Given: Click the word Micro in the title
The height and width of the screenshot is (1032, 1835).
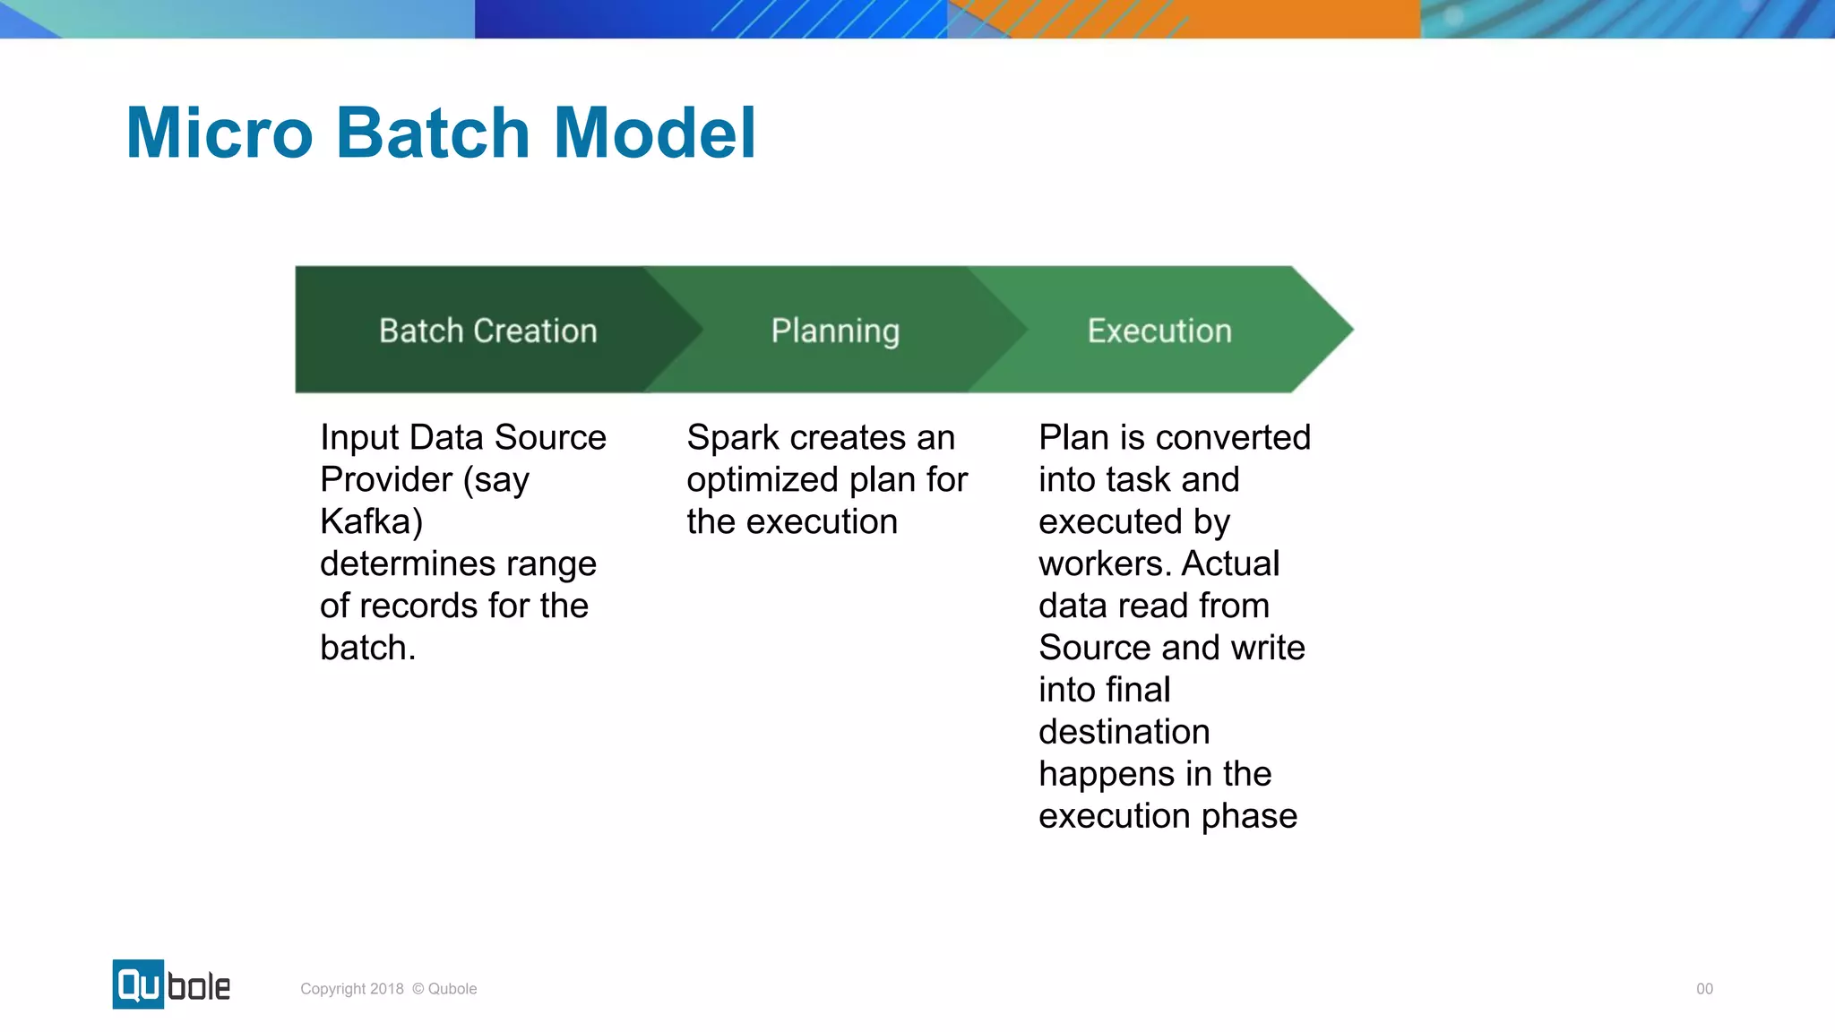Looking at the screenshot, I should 220,133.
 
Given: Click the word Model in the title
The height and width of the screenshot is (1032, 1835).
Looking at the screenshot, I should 655,133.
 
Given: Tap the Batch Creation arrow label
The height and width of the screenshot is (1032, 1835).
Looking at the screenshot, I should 487,331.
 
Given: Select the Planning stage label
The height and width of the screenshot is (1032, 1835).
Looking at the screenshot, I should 835,331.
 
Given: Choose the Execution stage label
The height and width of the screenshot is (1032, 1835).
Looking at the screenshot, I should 1159,331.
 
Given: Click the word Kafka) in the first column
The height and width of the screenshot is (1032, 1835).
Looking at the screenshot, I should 371,521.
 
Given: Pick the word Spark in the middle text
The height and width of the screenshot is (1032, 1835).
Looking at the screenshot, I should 732,438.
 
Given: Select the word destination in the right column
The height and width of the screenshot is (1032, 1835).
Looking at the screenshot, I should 1124,732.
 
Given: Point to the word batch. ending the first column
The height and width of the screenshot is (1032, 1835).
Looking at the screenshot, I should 367,648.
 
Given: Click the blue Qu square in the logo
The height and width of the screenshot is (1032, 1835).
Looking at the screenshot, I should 138,985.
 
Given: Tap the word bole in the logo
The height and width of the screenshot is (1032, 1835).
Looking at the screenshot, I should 199,986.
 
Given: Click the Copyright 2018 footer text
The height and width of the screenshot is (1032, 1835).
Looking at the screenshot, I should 351,989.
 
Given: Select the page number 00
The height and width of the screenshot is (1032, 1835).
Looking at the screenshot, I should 1704,989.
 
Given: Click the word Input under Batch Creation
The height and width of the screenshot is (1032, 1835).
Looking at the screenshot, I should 358,438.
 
